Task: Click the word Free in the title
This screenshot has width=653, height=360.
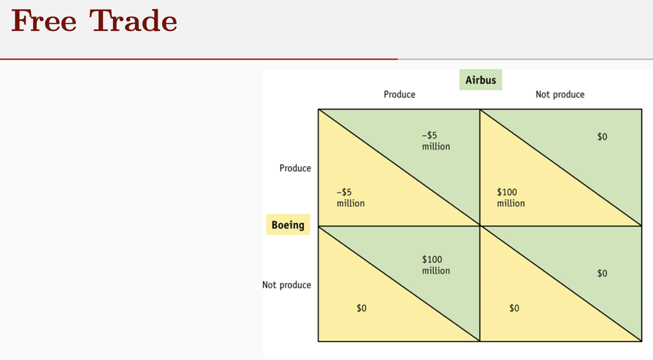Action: [x=43, y=21]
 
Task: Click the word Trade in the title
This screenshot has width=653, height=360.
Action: [x=133, y=21]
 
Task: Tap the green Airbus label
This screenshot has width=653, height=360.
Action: [x=481, y=80]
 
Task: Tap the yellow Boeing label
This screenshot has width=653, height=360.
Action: [x=288, y=225]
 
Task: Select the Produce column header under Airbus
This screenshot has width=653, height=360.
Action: [x=399, y=95]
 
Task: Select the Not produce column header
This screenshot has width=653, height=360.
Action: [x=560, y=95]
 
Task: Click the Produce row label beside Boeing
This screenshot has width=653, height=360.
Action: [x=295, y=168]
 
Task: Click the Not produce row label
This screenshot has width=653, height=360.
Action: [x=286, y=285]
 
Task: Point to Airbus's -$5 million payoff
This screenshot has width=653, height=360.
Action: [x=436, y=141]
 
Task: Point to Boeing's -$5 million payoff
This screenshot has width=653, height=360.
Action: [x=350, y=198]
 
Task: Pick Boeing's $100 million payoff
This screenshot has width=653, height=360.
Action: [x=511, y=198]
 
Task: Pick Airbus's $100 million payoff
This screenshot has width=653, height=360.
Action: [x=436, y=265]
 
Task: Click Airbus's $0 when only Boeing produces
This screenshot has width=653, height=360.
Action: [x=602, y=137]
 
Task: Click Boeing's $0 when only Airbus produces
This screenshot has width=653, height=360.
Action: [x=361, y=308]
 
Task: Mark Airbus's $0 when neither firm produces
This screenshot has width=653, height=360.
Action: [x=602, y=274]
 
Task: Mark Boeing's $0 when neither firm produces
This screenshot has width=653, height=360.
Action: [x=514, y=308]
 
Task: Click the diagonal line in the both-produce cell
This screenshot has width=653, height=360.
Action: [x=399, y=168]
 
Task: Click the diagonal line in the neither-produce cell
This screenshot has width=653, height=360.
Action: [x=561, y=284]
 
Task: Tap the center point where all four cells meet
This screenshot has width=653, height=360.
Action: [x=480, y=226]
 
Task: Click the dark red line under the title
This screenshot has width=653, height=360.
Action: [x=198, y=59]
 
